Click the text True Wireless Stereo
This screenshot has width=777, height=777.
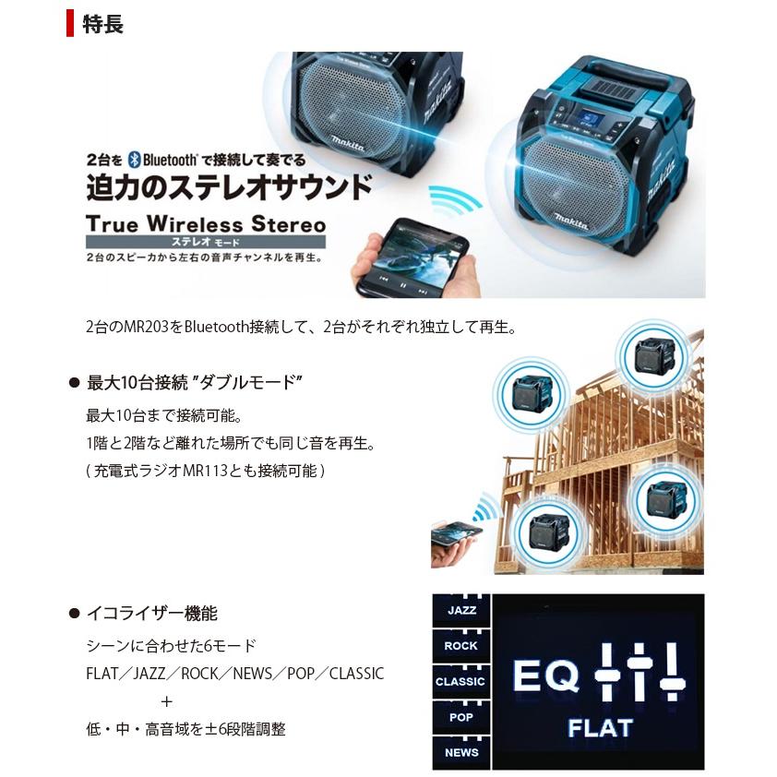tap(205, 224)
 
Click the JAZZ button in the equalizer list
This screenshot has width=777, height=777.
tap(460, 612)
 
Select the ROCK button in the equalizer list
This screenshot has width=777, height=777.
tap(460, 647)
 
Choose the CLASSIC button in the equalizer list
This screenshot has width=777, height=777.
tap(460, 682)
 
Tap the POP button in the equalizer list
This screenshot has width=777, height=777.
tap(460, 717)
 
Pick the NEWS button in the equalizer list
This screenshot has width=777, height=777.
tap(460, 752)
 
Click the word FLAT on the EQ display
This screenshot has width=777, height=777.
tap(600, 728)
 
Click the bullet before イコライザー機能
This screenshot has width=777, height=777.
tap(75, 614)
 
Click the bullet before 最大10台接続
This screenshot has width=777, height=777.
tap(75, 383)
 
